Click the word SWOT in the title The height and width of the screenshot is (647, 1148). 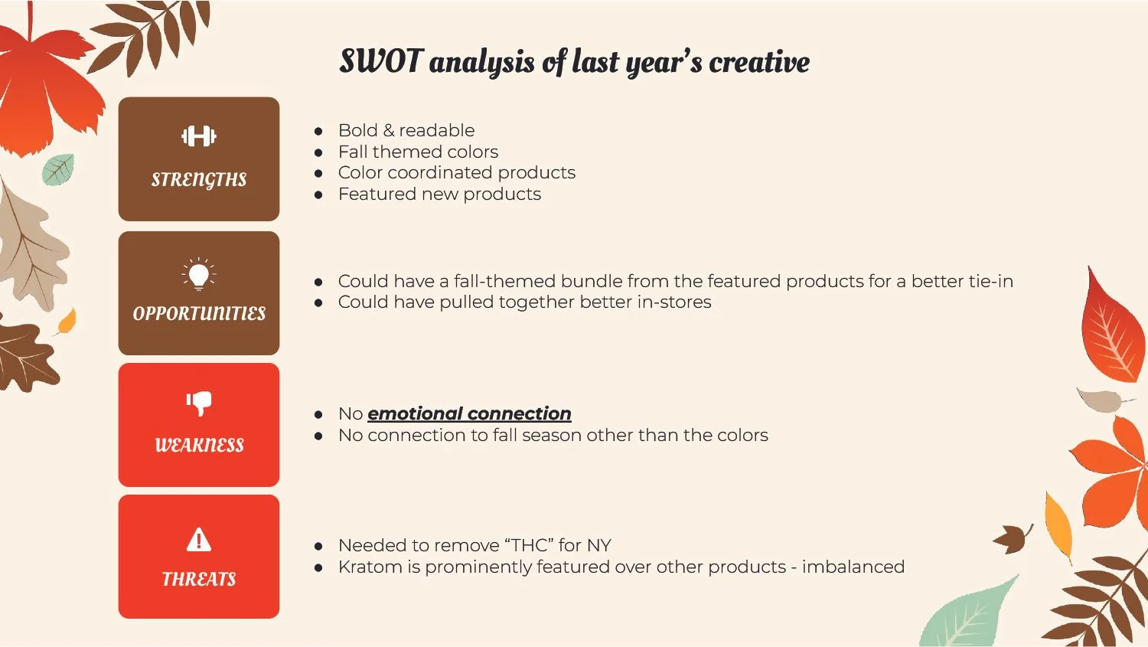(x=380, y=61)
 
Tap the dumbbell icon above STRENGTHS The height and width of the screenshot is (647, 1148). (x=199, y=136)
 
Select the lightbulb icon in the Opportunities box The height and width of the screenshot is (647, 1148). (x=199, y=273)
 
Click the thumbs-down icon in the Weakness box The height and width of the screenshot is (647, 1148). (x=199, y=403)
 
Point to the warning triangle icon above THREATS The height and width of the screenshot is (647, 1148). (x=199, y=540)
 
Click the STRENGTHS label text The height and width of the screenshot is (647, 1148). (x=199, y=180)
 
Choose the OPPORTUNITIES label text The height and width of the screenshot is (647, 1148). (x=199, y=314)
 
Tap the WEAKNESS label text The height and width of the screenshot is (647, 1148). (x=199, y=445)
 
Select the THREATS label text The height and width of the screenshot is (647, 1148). (x=199, y=579)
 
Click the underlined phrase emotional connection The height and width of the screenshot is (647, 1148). (x=469, y=413)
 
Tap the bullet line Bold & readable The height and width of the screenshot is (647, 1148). (x=406, y=130)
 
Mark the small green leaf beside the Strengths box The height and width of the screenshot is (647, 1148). (x=58, y=169)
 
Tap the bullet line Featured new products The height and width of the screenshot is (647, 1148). (x=439, y=194)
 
